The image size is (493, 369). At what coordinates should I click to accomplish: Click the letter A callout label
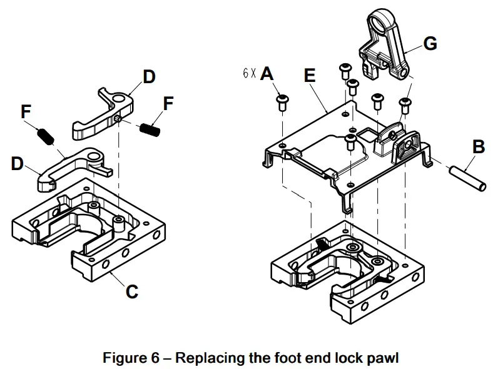pyautogui.click(x=267, y=74)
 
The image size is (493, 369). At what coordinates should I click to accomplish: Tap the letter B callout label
pyautogui.click(x=478, y=148)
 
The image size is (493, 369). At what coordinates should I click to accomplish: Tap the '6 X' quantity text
pyautogui.click(x=249, y=74)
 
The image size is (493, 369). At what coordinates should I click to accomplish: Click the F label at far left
pyautogui.click(x=26, y=112)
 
